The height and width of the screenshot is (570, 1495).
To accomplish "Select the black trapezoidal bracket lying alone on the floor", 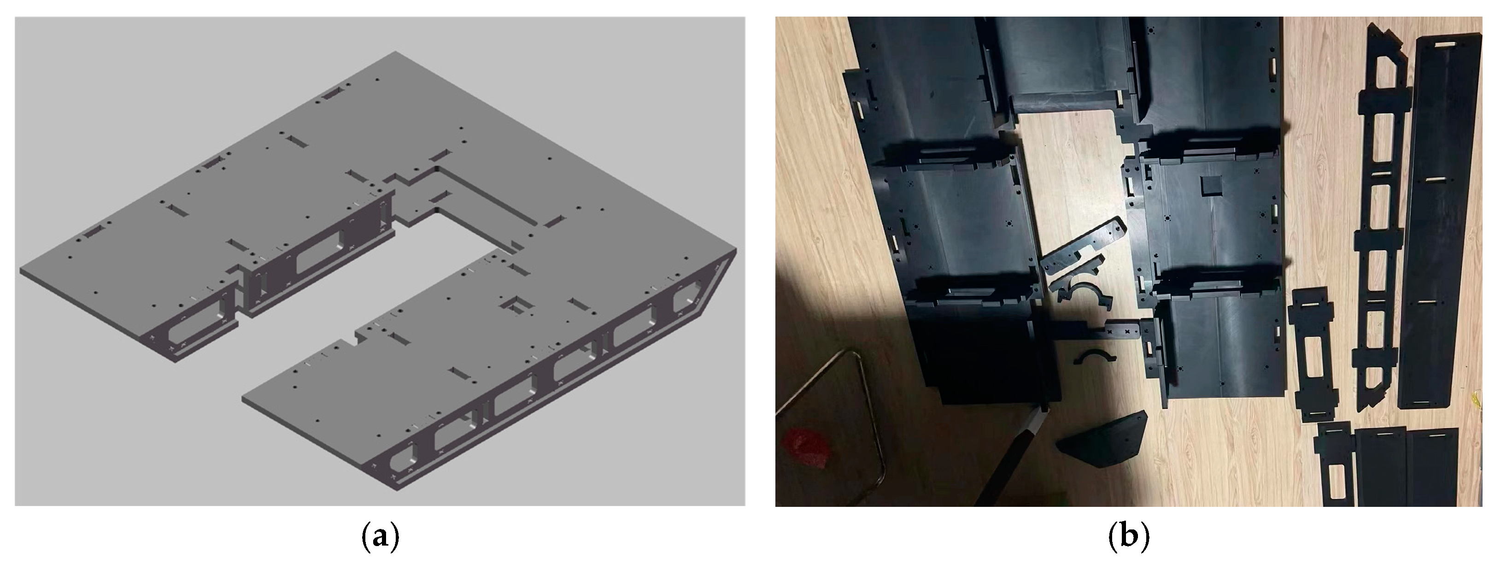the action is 1102,443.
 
